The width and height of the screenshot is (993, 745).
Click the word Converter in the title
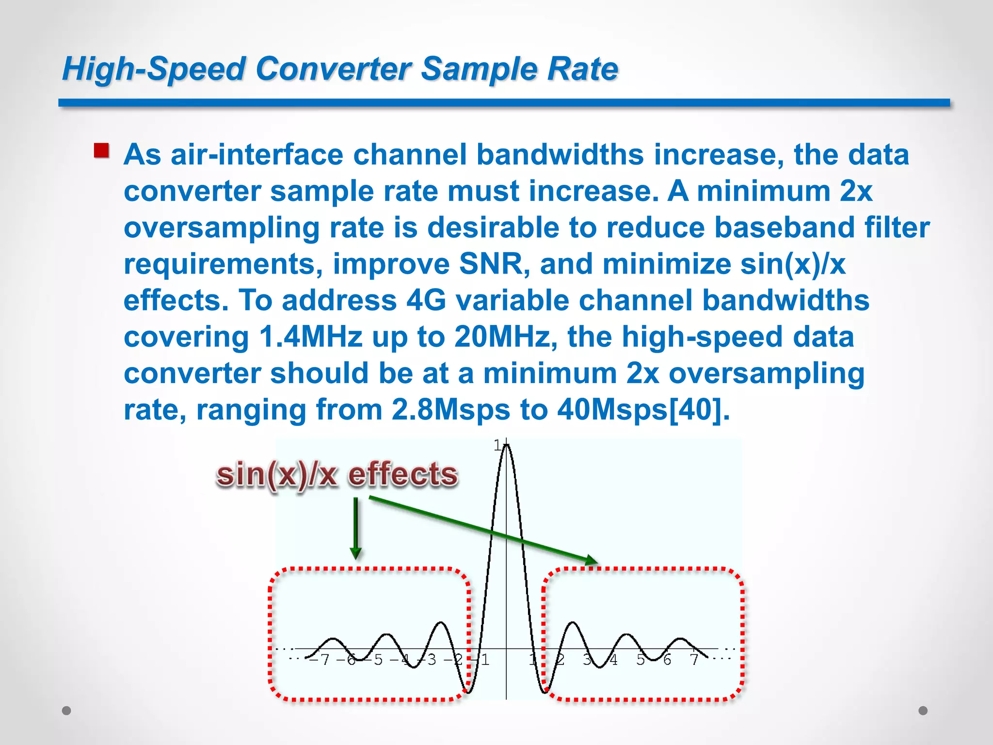[x=334, y=68]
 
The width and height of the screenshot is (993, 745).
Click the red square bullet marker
[x=101, y=150]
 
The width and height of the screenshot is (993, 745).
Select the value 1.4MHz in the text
[x=311, y=337]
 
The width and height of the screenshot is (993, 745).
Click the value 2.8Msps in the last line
[x=450, y=410]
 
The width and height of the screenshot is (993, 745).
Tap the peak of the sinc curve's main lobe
[x=506, y=445]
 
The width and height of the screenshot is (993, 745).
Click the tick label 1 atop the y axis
[x=498, y=445]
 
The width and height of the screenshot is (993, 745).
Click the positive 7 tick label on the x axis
[x=694, y=660]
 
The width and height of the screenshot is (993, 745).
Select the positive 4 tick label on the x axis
[x=613, y=660]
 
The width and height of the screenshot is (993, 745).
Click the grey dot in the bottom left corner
[x=67, y=711]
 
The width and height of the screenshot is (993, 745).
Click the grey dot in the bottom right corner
[x=923, y=711]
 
